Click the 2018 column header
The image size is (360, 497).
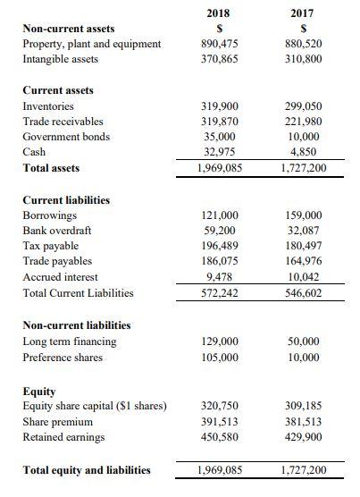click(x=218, y=13)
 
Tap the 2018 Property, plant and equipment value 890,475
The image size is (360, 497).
click(x=218, y=44)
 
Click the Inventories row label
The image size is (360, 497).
click(x=48, y=106)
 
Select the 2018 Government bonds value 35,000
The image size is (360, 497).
click(x=218, y=137)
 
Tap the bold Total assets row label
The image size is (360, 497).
click(x=51, y=168)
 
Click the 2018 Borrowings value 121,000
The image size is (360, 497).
click(x=218, y=215)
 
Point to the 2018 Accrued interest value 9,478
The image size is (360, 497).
click(x=218, y=277)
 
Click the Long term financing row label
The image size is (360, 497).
click(x=69, y=341)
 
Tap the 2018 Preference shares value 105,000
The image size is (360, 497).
click(x=218, y=357)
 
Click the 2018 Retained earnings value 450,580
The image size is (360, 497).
click(x=218, y=436)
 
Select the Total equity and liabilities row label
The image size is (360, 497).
click(x=86, y=470)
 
